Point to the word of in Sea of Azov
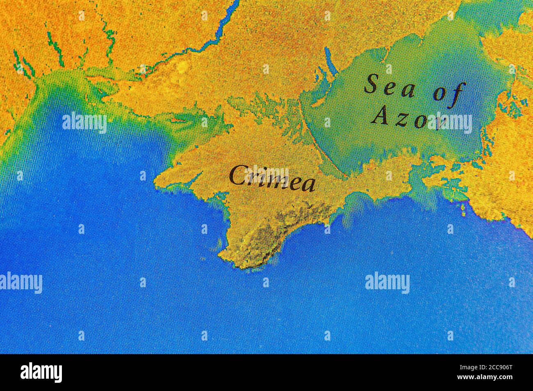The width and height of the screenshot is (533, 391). click(450, 93)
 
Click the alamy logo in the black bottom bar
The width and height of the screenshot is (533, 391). click(41, 373)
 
